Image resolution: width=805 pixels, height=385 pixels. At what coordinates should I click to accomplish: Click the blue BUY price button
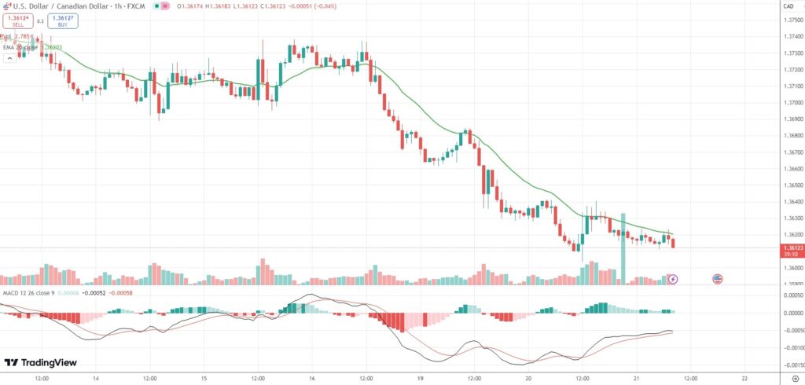click(x=62, y=21)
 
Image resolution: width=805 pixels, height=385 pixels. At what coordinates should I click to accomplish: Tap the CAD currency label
click(x=788, y=7)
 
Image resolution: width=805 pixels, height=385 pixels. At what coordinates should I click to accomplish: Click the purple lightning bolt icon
click(x=673, y=278)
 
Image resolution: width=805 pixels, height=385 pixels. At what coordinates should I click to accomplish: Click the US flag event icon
click(x=717, y=278)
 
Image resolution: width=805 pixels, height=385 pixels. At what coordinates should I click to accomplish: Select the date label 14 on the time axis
click(x=96, y=377)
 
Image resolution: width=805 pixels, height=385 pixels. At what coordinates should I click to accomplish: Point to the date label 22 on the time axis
click(x=744, y=377)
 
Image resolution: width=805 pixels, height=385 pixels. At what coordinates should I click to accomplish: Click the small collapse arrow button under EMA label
click(x=8, y=59)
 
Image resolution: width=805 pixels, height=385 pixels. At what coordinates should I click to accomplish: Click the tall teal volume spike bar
click(x=623, y=247)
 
